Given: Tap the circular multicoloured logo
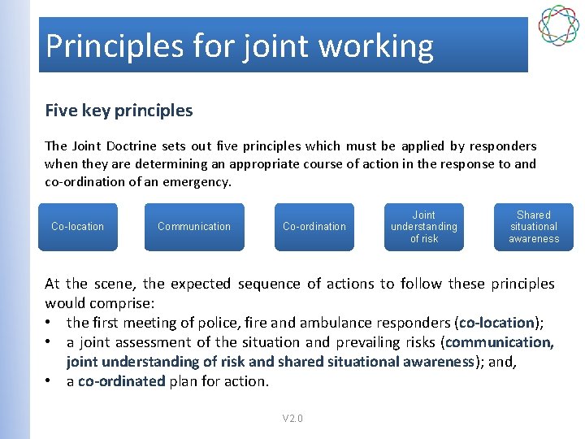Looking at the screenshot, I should tap(558, 26).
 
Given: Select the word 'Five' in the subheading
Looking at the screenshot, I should tap(62, 111).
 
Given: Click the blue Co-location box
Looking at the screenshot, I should tap(78, 227).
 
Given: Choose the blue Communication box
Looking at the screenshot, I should tap(194, 227).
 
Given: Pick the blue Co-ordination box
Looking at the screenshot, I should tap(314, 227).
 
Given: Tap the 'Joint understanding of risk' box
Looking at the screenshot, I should tap(424, 227).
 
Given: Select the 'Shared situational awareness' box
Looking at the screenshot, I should tap(534, 227).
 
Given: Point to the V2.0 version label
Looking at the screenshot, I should tap(292, 419).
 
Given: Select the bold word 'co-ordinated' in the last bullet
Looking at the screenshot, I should tap(121, 381).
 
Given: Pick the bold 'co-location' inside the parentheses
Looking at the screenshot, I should tap(496, 323).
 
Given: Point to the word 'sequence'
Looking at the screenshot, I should tap(269, 284).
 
